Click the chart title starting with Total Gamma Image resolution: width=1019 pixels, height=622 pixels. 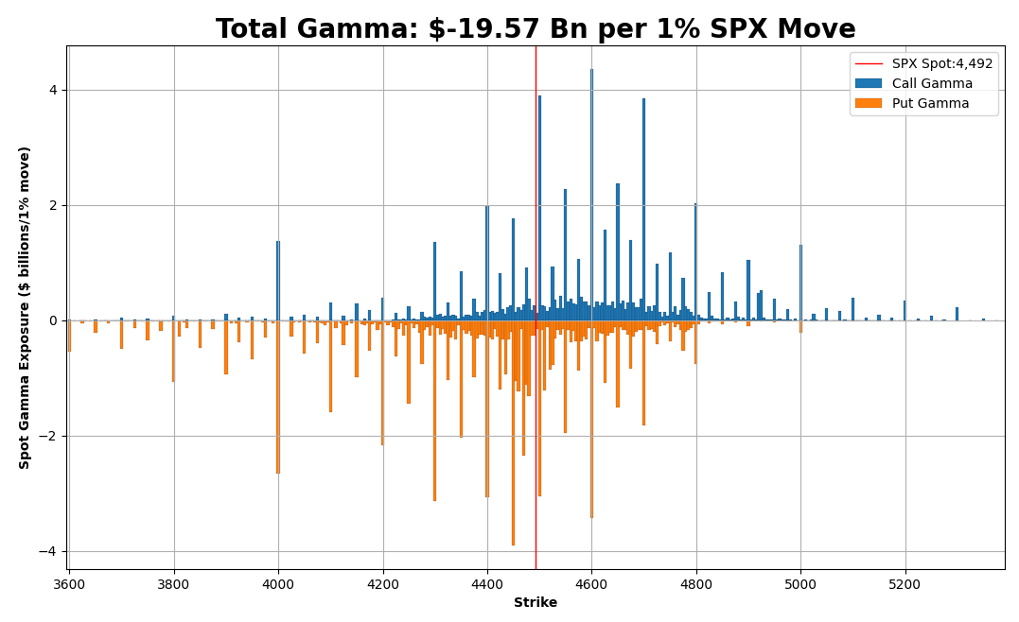point(536,29)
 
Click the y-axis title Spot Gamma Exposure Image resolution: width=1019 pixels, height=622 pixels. point(25,307)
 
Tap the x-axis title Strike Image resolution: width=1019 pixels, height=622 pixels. point(536,603)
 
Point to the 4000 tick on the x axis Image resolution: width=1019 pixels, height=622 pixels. point(278,585)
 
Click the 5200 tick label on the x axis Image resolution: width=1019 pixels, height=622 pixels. point(905,585)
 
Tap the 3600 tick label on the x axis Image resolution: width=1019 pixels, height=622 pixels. point(69,585)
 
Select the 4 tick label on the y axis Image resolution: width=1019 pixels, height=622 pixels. point(53,90)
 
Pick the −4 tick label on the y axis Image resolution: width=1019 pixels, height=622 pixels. point(49,551)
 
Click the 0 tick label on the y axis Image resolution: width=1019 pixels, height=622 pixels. point(53,320)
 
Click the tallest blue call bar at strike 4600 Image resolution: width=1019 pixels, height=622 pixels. point(591,194)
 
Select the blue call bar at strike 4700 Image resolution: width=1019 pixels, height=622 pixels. point(643,208)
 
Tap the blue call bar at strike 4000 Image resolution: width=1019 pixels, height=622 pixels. point(278,281)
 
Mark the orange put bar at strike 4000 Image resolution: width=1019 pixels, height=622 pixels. point(278,397)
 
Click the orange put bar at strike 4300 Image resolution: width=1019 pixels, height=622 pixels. point(434,411)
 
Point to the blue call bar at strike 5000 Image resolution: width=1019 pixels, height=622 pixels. point(800,283)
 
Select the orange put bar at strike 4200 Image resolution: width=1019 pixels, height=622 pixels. point(382,383)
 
